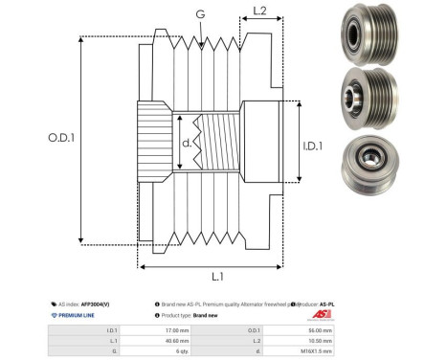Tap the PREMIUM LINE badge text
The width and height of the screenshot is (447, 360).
point(75,315)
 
